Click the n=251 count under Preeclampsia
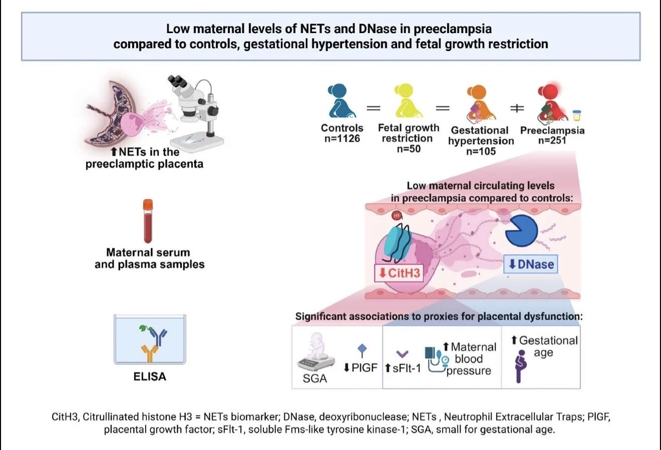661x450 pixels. click(x=552, y=141)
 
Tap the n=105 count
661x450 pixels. click(x=481, y=151)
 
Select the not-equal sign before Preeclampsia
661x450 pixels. click(x=517, y=108)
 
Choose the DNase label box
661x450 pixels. click(x=530, y=265)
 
